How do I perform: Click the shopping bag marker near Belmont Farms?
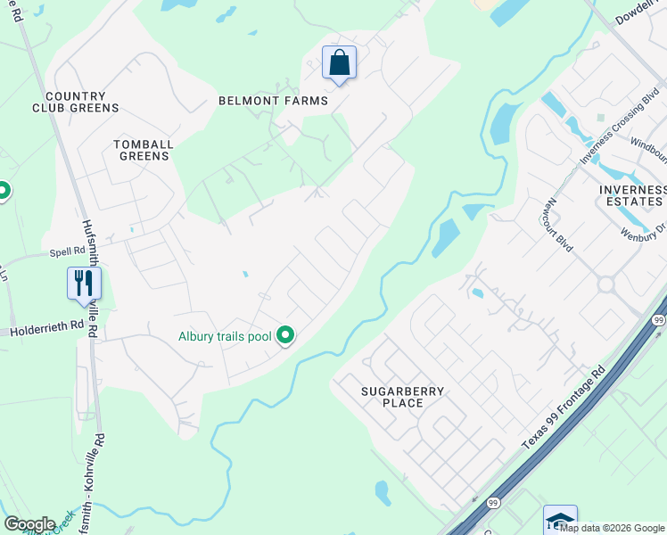click(339, 63)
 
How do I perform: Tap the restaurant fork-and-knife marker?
click(84, 284)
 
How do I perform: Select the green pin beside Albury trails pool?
click(285, 335)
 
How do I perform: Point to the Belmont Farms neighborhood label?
click(273, 101)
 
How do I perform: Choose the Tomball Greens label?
click(143, 150)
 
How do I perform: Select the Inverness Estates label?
click(632, 195)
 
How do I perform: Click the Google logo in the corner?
click(30, 523)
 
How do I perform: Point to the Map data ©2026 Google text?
click(612, 528)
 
